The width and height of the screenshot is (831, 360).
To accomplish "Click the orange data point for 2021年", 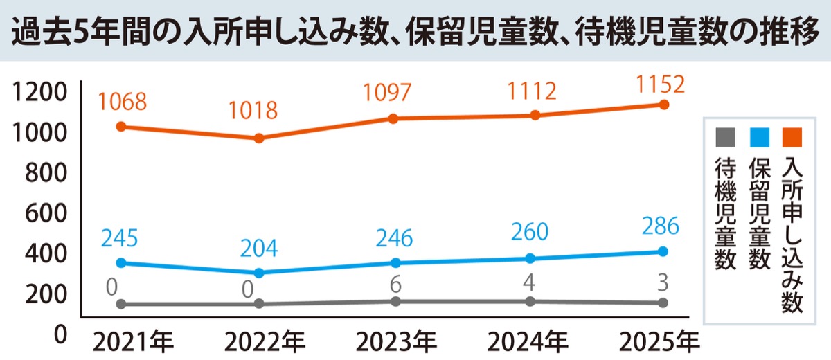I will [120, 127].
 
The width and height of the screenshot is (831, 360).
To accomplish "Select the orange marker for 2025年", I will [663, 105].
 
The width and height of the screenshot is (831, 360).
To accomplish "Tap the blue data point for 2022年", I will [259, 273].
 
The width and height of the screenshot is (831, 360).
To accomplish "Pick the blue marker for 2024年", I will [530, 258].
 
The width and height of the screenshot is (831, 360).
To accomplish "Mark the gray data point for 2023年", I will [395, 301].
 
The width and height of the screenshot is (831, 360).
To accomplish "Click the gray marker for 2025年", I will [663, 303].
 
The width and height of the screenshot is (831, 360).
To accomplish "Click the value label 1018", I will [255, 109].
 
